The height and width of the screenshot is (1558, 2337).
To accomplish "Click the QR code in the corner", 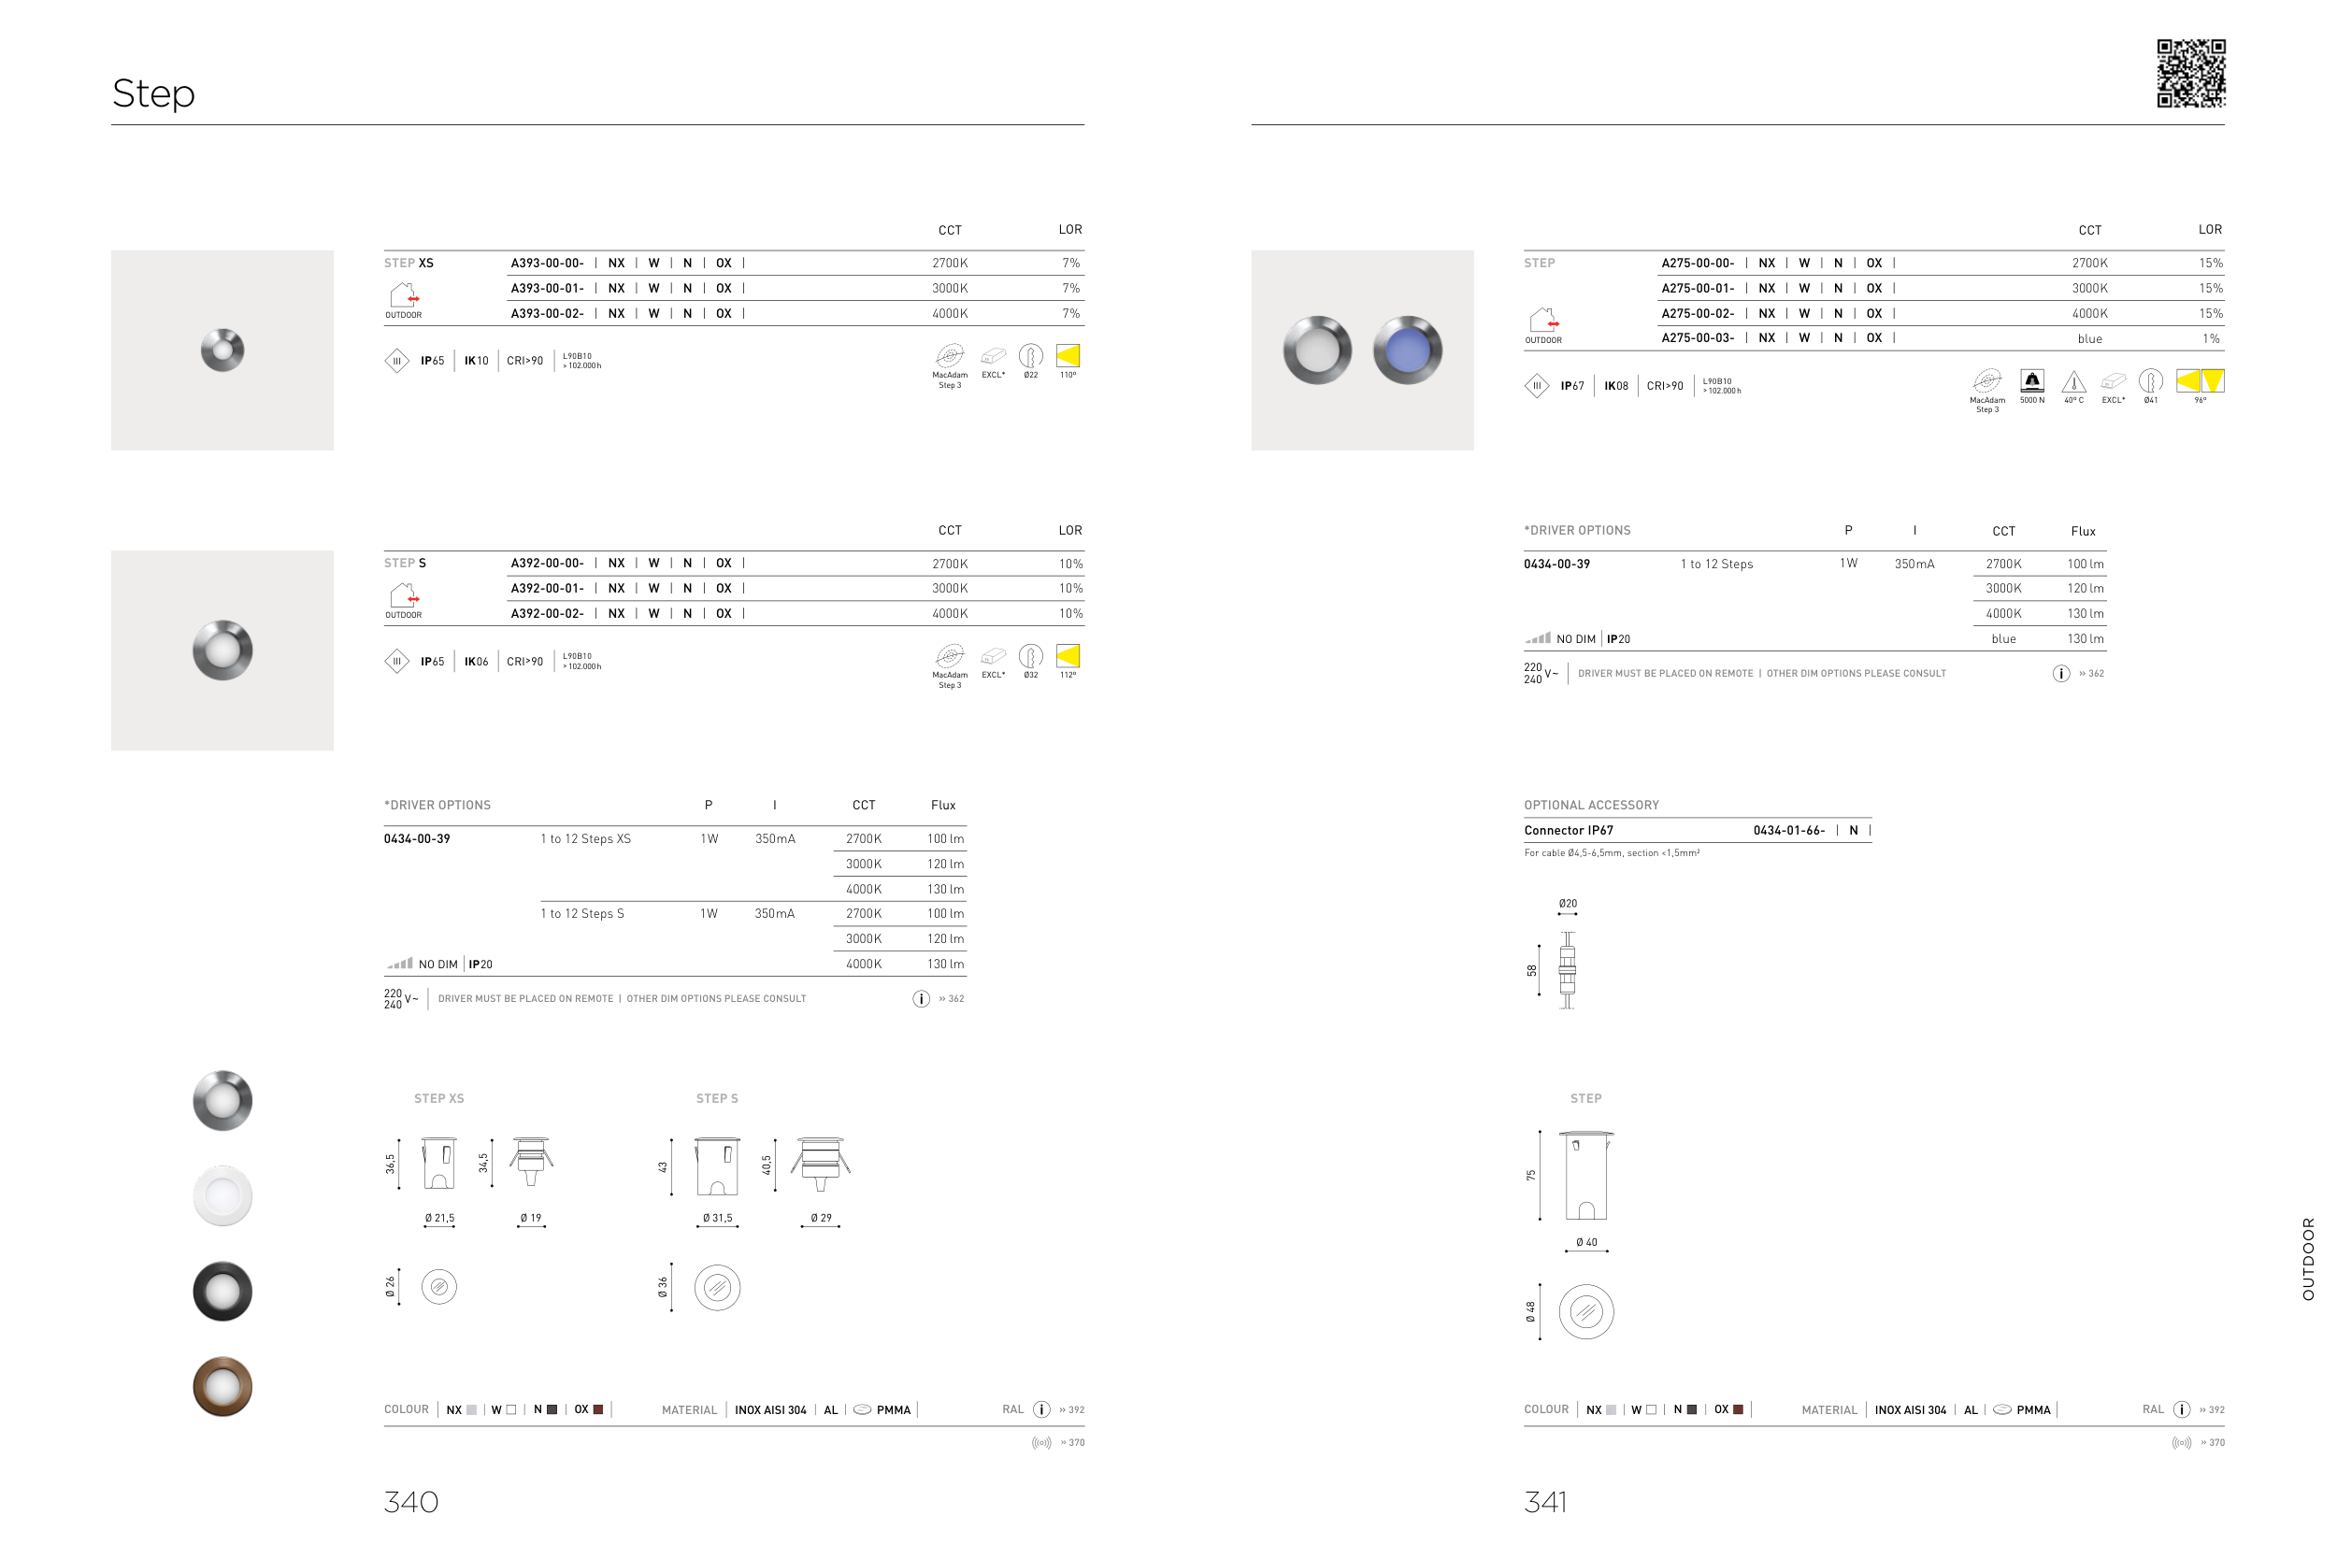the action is (2190, 74).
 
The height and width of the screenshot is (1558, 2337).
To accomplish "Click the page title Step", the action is (154, 93).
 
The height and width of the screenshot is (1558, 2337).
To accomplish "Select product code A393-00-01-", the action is (548, 288).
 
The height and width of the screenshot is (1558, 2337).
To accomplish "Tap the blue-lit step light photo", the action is (1407, 350).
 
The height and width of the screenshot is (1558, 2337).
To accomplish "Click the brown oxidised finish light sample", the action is (222, 1386).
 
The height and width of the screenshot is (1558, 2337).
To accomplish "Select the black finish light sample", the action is (222, 1291).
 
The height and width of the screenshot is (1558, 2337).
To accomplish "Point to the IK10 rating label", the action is (477, 361).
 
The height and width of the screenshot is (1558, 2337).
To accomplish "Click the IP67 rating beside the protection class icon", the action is (1572, 385).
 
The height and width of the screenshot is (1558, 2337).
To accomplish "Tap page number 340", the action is (411, 1501).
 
